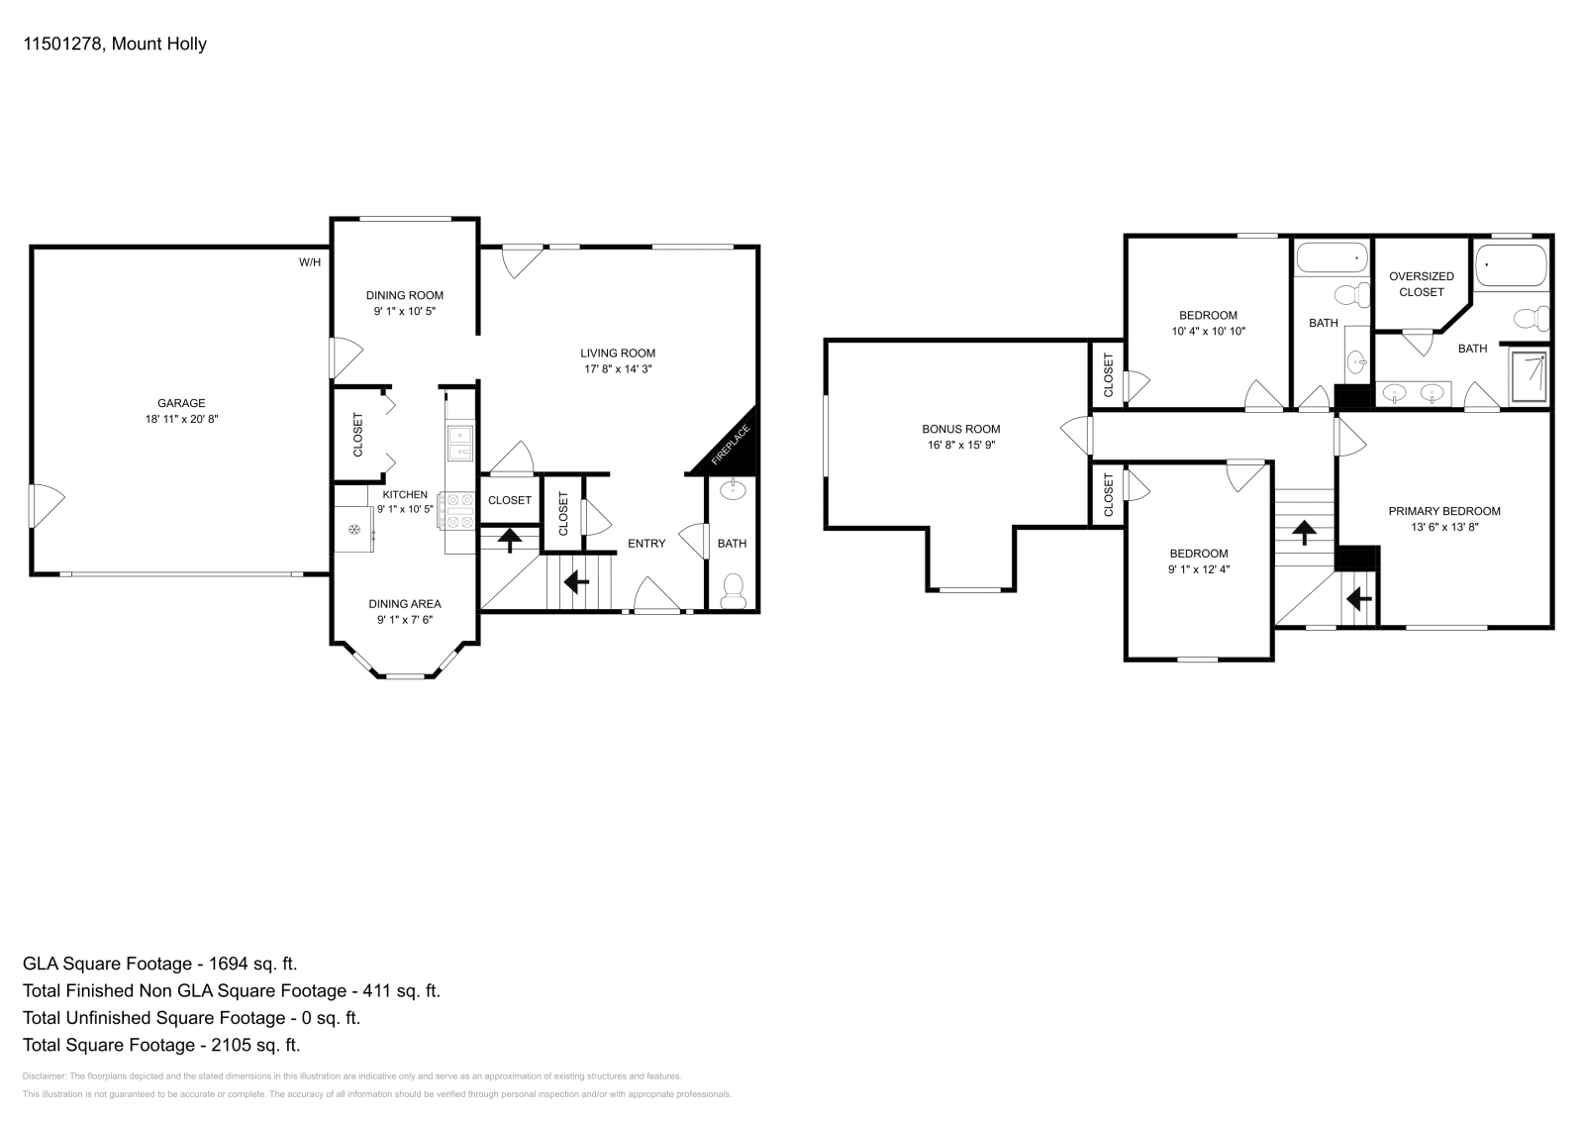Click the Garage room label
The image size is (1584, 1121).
tap(181, 403)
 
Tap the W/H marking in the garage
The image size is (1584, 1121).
tap(310, 262)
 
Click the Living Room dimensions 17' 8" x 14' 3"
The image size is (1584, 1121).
tap(617, 369)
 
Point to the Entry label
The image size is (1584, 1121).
tap(646, 543)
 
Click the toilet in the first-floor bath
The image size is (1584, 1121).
tap(734, 590)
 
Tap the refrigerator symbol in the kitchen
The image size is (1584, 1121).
tap(353, 530)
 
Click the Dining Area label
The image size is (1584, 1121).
tap(405, 604)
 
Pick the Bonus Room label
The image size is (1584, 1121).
tap(960, 429)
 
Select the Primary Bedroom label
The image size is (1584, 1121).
tap(1443, 511)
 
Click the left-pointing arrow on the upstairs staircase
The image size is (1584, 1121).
tap(1358, 599)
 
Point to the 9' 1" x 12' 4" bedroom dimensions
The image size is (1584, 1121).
tap(1198, 569)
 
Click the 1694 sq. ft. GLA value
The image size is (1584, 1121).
tap(253, 964)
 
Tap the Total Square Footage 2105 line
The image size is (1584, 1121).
tap(161, 1045)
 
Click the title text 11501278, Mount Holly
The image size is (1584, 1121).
tap(115, 44)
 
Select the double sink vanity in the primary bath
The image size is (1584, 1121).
tap(1413, 394)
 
